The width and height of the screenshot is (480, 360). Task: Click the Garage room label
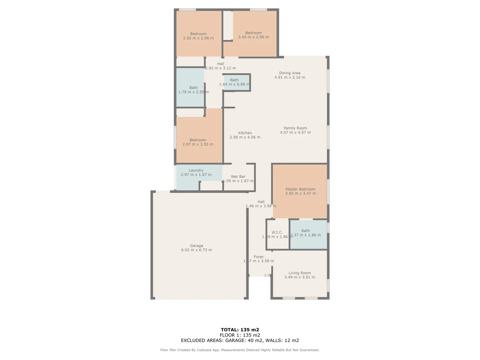pyautogui.click(x=196, y=246)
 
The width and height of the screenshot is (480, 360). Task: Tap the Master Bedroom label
pyautogui.click(x=300, y=189)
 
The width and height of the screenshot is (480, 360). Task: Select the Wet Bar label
pyautogui.click(x=238, y=177)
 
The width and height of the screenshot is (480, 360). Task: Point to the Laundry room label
pyautogui.click(x=196, y=170)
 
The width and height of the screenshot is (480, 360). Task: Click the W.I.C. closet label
pyautogui.click(x=277, y=232)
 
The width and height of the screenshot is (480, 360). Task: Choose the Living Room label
pyautogui.click(x=299, y=273)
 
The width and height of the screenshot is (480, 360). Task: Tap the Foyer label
pyautogui.click(x=259, y=257)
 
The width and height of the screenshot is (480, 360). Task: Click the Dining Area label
pyautogui.click(x=290, y=73)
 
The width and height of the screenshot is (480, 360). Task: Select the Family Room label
pyautogui.click(x=295, y=128)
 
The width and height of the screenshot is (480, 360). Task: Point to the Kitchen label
pyautogui.click(x=245, y=133)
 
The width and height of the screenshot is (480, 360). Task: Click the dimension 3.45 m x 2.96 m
pyautogui.click(x=253, y=37)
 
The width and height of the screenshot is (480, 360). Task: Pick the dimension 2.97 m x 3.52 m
pyautogui.click(x=198, y=144)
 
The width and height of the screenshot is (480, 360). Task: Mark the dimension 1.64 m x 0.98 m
pyautogui.click(x=234, y=84)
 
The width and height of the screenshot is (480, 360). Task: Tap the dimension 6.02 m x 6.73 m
pyautogui.click(x=196, y=250)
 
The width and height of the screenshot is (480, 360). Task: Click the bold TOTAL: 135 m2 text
pyautogui.click(x=240, y=330)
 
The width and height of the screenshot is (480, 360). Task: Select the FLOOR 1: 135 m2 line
pyautogui.click(x=240, y=335)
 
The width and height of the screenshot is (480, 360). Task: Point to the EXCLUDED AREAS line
pyautogui.click(x=240, y=340)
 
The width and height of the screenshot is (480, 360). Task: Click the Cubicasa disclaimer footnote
pyautogui.click(x=240, y=350)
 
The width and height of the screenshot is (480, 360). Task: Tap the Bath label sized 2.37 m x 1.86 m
pyautogui.click(x=305, y=231)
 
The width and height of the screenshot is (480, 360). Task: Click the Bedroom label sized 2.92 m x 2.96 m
pyautogui.click(x=198, y=34)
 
